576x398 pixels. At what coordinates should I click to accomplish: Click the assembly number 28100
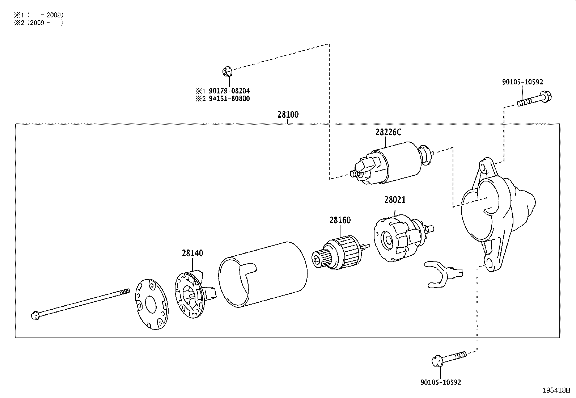pos(288,115)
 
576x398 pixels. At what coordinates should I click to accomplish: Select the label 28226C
pos(388,132)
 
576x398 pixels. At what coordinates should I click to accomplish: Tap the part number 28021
pos(395,200)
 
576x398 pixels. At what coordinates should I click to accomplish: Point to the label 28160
pos(340,220)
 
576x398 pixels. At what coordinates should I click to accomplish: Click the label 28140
pos(192,253)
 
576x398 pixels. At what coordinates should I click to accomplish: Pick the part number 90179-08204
pos(228,91)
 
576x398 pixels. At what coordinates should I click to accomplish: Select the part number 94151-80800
pos(228,99)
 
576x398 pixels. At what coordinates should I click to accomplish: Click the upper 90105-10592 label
pos(522,82)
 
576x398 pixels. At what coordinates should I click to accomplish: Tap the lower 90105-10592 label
pos(441,382)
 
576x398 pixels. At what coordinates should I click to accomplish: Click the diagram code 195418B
pos(556,390)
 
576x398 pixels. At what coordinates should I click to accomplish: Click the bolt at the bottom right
pos(449,359)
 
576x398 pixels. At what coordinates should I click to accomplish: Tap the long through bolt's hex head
pos(35,315)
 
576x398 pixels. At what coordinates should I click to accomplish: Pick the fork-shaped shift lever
pos(442,273)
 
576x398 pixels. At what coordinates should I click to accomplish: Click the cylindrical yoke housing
pos(263,275)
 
